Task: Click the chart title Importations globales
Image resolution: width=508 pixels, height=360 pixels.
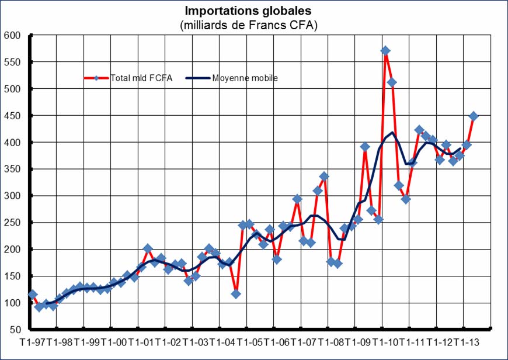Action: (x=248, y=11)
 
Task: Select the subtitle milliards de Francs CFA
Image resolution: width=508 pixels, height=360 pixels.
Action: (x=248, y=25)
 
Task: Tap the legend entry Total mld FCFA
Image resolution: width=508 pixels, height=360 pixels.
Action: (x=141, y=78)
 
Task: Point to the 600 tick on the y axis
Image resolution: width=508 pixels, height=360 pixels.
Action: (x=12, y=36)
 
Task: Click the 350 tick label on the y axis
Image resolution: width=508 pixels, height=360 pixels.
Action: (x=12, y=169)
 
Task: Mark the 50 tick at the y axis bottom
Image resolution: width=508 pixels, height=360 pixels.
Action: (x=15, y=330)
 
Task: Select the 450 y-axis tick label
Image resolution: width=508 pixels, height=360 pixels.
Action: (x=12, y=116)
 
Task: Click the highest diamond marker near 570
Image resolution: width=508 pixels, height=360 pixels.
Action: (x=385, y=51)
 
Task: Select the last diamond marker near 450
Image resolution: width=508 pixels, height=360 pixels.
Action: (x=474, y=116)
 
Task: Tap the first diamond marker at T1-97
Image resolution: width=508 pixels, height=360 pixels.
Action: (x=33, y=294)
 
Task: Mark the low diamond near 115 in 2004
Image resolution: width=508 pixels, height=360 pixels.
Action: (x=236, y=294)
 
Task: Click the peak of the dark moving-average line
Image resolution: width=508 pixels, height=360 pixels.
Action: (x=392, y=133)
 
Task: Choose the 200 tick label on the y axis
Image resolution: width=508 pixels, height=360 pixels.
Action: (x=12, y=250)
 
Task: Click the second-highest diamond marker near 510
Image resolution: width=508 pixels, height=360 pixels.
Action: (x=392, y=82)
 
